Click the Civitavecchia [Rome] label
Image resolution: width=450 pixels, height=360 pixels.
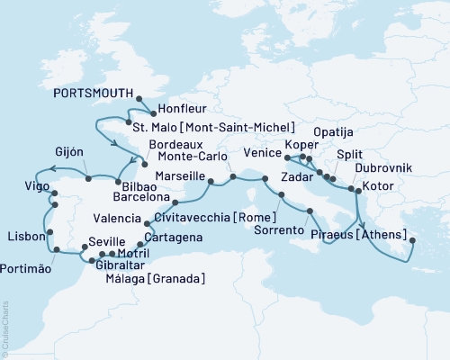[209, 217]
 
